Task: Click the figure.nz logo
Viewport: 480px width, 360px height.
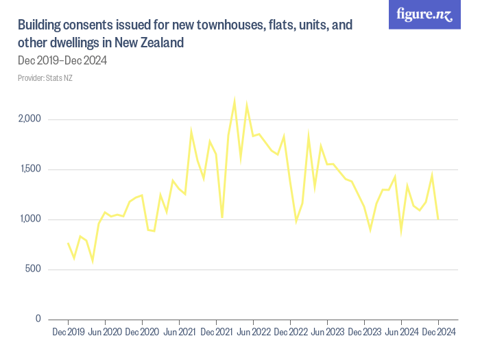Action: tap(425, 14)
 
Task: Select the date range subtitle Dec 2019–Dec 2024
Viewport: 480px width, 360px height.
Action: tap(62, 61)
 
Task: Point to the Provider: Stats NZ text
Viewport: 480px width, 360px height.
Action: tap(45, 78)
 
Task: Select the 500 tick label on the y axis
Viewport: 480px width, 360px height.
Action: tap(32, 269)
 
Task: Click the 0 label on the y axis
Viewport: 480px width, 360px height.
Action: tap(38, 320)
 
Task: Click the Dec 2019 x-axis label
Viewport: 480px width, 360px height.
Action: tap(68, 333)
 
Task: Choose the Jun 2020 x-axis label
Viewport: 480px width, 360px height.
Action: tap(105, 333)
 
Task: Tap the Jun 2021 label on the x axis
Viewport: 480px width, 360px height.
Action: tap(179, 333)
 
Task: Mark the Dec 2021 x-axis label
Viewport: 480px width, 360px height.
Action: tap(216, 333)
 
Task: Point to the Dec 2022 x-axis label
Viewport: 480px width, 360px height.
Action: tap(290, 333)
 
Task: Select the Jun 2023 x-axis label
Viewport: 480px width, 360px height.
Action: tap(327, 333)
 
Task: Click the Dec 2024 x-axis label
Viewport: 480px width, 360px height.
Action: tap(437, 333)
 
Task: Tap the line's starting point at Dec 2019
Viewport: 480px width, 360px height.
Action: tap(68, 243)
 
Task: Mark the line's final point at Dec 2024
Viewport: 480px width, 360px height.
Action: tap(437, 219)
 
